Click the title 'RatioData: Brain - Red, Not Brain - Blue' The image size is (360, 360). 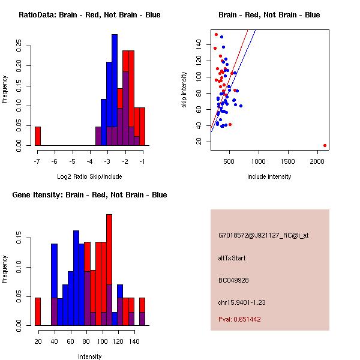pyautogui.click(x=89, y=15)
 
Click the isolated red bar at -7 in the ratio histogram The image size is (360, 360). pyautogui.click(x=37, y=136)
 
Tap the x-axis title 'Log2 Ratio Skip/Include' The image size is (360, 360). pyautogui.click(x=89, y=176)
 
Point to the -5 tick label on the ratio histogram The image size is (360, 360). pyautogui.click(x=72, y=161)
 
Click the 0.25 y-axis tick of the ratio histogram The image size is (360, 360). pyautogui.click(x=20, y=44)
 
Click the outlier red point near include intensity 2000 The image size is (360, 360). pyautogui.click(x=325, y=145)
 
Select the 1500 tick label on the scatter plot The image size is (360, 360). pyautogui.click(x=289, y=161)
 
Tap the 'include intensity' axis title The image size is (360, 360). pyautogui.click(x=269, y=176)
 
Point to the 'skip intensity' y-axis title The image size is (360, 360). pyautogui.click(x=184, y=90)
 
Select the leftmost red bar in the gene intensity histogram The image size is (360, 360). pyautogui.click(x=37, y=311)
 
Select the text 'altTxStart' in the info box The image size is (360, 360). pyautogui.click(x=232, y=258)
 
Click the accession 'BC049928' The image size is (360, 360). pyautogui.click(x=233, y=280)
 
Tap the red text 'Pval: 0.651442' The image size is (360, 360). pyautogui.click(x=239, y=319)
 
